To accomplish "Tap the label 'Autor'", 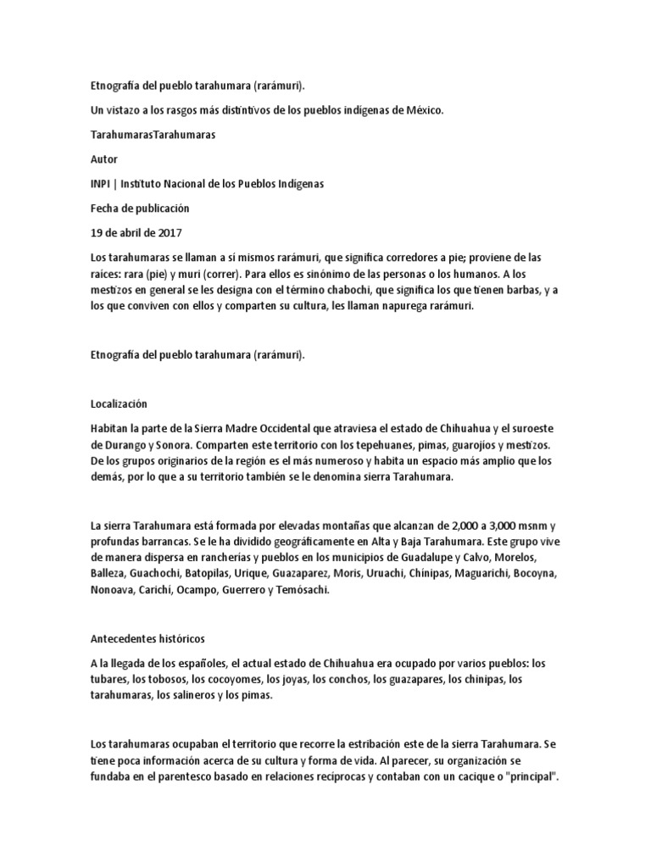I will click(103, 159).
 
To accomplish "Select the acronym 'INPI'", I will click(101, 184).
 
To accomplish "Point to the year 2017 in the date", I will click(169, 232).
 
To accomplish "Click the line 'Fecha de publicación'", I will click(140, 208).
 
